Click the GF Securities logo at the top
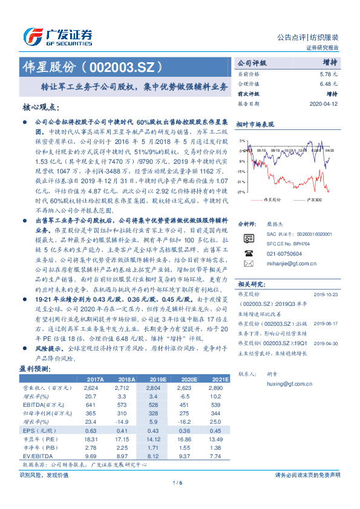[57, 35]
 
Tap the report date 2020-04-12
[325, 103]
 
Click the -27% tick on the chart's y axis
[241, 192]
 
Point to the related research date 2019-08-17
[326, 306]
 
